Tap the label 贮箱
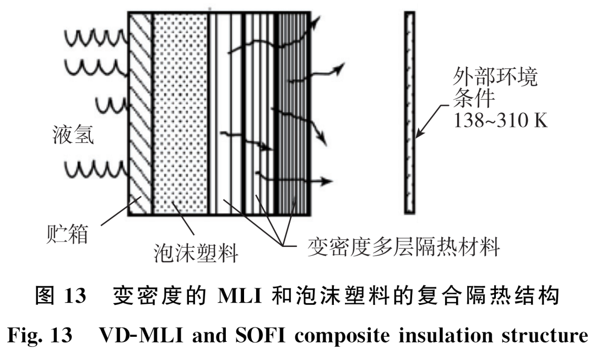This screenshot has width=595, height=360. [x=66, y=234]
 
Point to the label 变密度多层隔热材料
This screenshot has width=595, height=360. [x=403, y=246]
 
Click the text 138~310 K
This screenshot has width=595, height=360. [x=500, y=120]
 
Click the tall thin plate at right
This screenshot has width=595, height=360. [x=409, y=112]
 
